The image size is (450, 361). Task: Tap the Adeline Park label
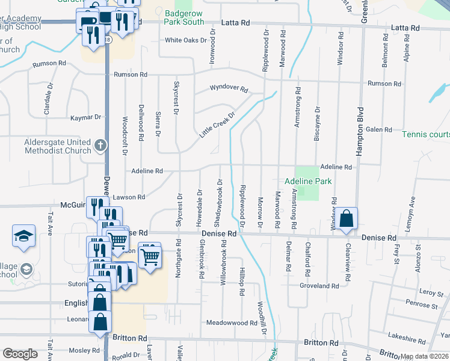[x=308, y=180]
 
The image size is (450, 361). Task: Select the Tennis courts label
[x=425, y=134]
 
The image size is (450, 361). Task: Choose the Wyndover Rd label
[x=229, y=88]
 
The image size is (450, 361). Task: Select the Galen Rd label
[x=379, y=129]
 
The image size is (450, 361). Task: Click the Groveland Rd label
[x=324, y=286]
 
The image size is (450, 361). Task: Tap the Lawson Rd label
[x=129, y=197]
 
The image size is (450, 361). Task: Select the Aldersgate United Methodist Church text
[x=57, y=146]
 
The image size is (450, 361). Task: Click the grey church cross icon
[x=100, y=145]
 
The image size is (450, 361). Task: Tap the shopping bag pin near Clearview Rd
[x=347, y=220]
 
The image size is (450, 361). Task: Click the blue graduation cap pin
[x=23, y=236]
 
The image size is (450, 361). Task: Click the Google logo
[x=20, y=354]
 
